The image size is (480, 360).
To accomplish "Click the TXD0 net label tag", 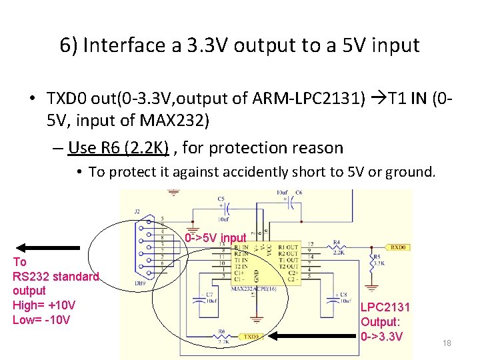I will (x=253, y=337).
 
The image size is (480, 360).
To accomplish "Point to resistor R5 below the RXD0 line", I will (x=372, y=263).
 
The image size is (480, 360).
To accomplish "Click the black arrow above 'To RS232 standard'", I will (x=39, y=245).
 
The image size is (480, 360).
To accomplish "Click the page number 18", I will (x=447, y=343).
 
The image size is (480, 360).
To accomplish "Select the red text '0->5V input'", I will (x=216, y=237).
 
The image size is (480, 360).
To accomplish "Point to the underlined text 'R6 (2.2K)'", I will (x=118, y=147).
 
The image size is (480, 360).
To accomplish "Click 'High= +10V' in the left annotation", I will (x=44, y=305).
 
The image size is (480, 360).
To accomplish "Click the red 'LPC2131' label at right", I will (x=385, y=307).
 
